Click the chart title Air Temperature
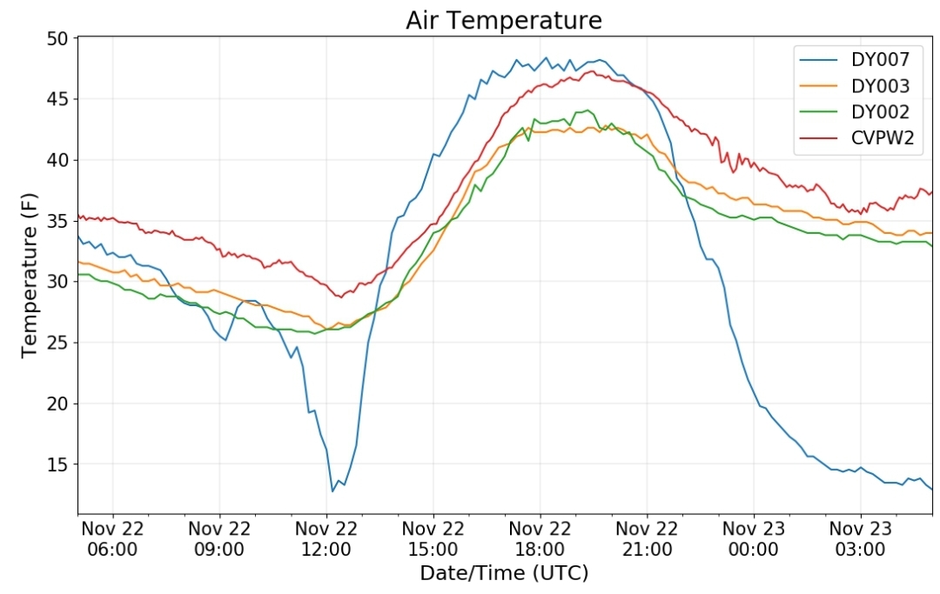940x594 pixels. click(504, 21)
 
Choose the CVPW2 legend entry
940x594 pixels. click(856, 137)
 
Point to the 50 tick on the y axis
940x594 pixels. click(58, 38)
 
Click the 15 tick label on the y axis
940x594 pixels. click(58, 464)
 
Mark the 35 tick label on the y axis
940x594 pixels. click(58, 221)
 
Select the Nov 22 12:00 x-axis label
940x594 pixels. click(326, 539)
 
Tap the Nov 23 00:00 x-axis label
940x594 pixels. click(754, 539)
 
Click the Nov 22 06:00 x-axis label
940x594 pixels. click(112, 539)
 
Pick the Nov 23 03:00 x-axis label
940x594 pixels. click(860, 539)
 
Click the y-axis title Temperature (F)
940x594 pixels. click(29, 276)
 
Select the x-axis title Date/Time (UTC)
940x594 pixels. click(504, 573)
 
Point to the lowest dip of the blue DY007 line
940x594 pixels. click(332, 491)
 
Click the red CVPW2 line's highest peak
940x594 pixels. click(592, 71)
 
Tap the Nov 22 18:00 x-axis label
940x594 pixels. click(540, 539)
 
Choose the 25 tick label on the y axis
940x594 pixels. click(58, 343)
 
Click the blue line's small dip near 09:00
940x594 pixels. click(225, 340)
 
